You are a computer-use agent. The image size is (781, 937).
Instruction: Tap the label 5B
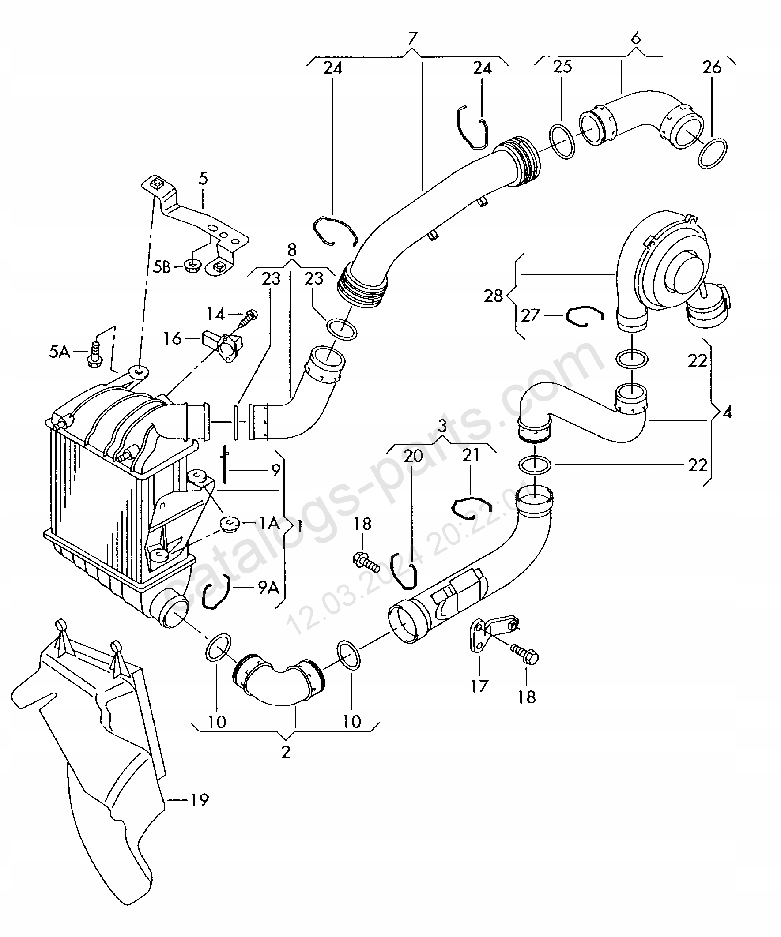pyautogui.click(x=162, y=267)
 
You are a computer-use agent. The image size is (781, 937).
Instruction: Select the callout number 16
pyautogui.click(x=173, y=339)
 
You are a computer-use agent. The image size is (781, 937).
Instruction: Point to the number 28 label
pyautogui.click(x=494, y=296)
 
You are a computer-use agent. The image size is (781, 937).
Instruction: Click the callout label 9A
pyautogui.click(x=269, y=588)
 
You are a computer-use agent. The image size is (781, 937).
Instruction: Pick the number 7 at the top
pyautogui.click(x=412, y=38)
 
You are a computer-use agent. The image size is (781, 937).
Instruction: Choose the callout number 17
pyautogui.click(x=479, y=686)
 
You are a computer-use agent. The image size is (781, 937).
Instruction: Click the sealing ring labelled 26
pyautogui.click(x=712, y=154)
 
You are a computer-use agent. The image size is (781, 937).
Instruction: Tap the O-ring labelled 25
pyautogui.click(x=562, y=142)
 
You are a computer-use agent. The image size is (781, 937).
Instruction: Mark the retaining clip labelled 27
pyautogui.click(x=585, y=316)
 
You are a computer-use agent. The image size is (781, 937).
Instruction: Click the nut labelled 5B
pyautogui.click(x=193, y=267)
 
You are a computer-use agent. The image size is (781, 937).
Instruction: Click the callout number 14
pyautogui.click(x=216, y=314)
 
